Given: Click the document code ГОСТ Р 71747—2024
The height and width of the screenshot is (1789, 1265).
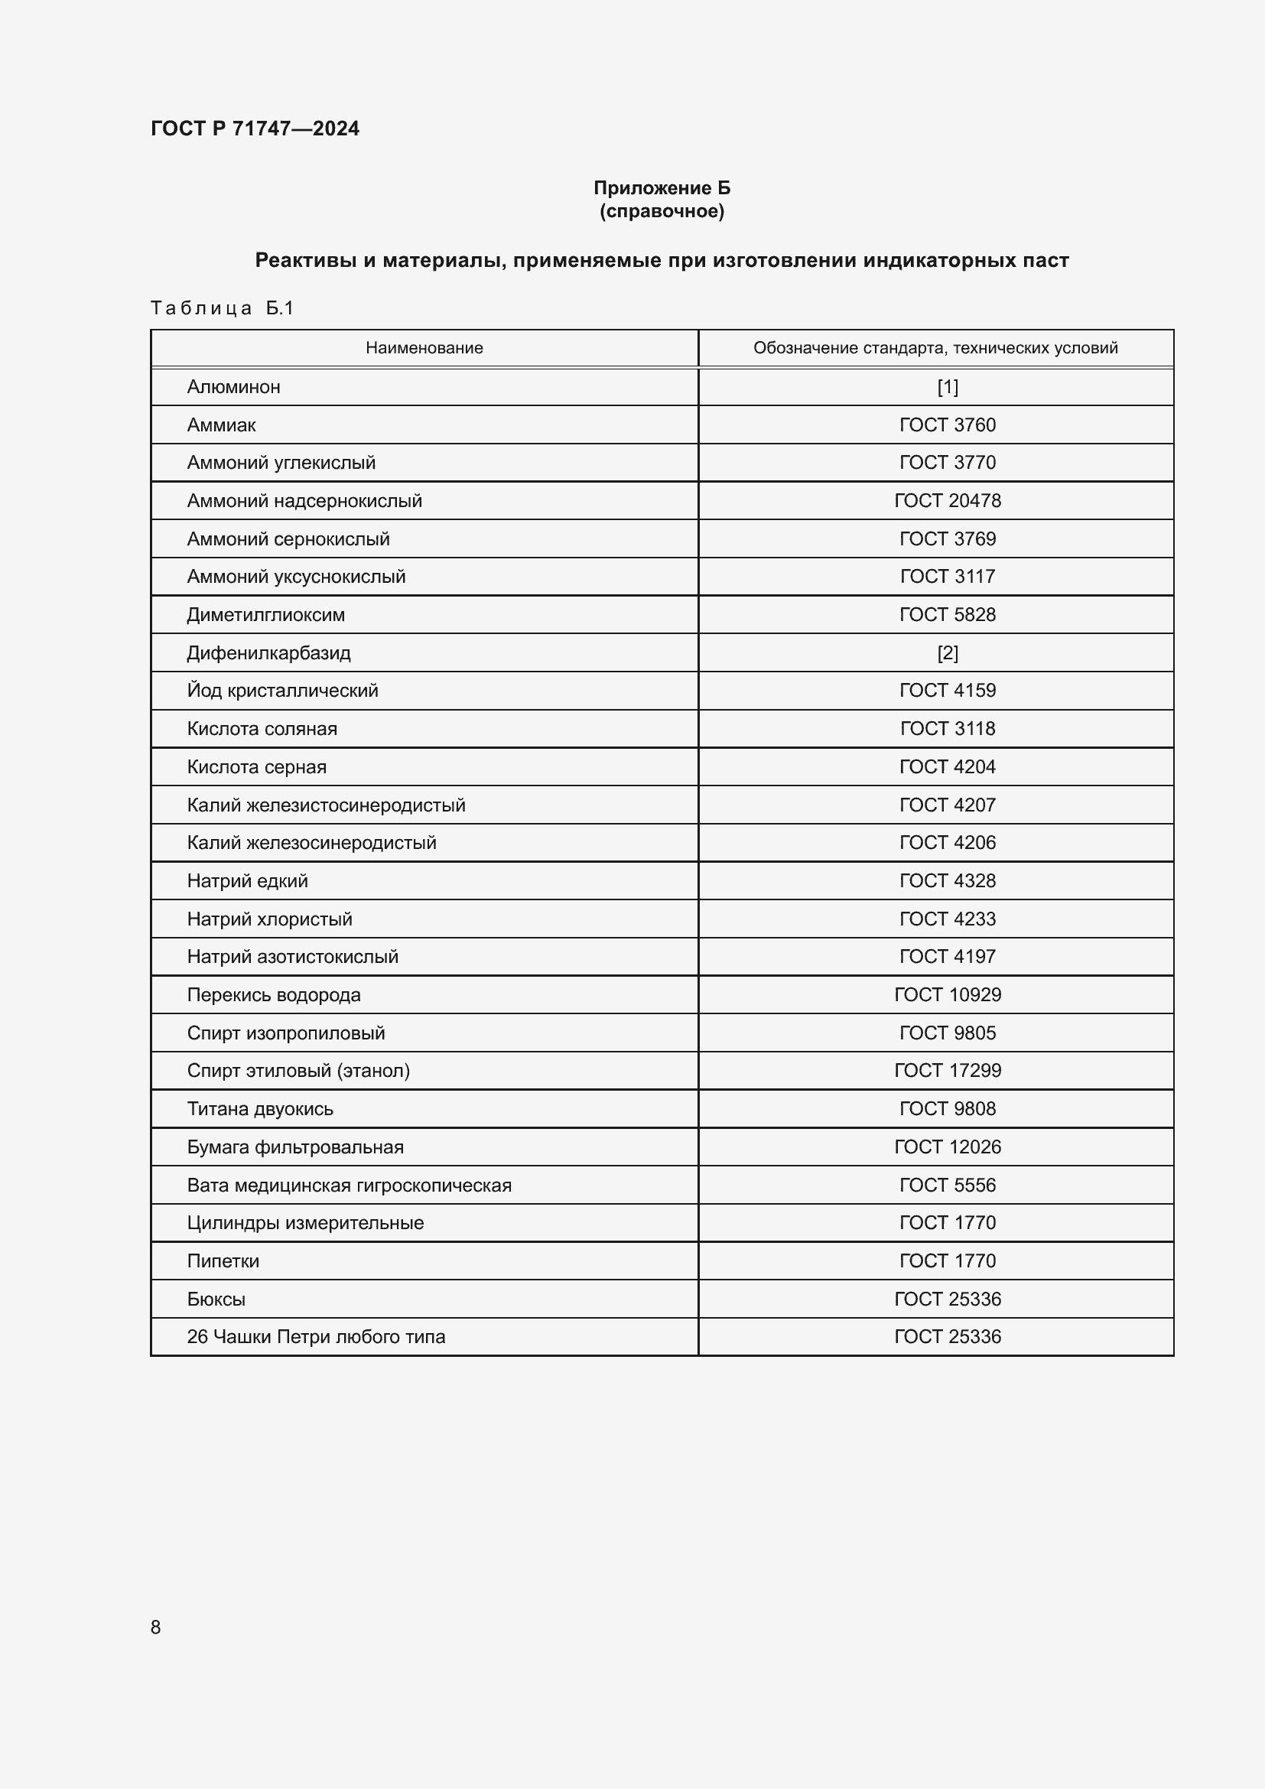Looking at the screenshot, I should pos(255,128).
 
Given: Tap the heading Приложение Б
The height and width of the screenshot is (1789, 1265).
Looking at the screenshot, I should pos(662,188).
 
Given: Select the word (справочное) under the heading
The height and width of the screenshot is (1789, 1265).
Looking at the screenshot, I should pos(662,211).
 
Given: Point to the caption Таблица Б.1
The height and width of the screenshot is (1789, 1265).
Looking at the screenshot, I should pos(222,308).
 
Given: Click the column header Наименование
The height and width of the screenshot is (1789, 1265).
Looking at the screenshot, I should pos(424,348).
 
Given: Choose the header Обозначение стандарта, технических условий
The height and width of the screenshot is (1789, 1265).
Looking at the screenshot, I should pos(935,348).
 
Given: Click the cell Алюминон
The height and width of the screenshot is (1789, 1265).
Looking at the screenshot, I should pos(234,387).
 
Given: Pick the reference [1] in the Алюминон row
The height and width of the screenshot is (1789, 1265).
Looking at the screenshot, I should pos(947,387).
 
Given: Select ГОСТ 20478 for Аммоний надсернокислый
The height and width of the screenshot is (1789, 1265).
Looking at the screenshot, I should pos(947,501).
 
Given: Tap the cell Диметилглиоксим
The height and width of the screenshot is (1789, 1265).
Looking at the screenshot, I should pos(265,615).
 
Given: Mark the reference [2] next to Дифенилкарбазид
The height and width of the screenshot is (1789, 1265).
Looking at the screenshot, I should pos(947,653).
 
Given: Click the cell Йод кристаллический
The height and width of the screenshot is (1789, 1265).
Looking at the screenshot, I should pos(282,691).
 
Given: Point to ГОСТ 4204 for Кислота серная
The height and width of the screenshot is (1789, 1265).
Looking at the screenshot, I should pos(947,766).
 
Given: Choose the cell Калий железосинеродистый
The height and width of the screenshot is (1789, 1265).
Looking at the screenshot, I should pos(311,843).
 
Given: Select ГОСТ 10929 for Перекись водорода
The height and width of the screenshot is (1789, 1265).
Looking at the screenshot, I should pos(947,995).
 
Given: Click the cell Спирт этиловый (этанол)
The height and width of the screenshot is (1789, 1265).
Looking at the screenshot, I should pos(298,1072).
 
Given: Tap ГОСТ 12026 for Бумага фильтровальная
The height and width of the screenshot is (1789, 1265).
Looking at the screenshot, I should pos(947,1147).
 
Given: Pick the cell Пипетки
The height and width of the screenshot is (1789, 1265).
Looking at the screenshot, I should pos(223,1261).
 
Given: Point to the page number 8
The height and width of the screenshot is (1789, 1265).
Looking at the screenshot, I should pos(156,1627).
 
